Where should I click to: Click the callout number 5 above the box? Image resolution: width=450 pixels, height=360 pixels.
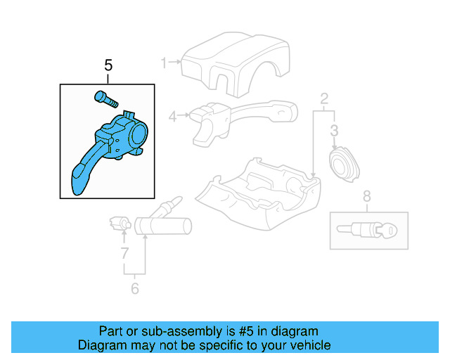(x=108, y=66)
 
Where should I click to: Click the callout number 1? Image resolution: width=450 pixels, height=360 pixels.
(x=164, y=63)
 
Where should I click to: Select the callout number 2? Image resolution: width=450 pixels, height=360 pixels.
(x=324, y=98)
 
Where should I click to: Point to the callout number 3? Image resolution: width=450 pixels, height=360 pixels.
(x=334, y=130)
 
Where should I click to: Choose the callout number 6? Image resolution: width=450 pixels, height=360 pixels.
(x=135, y=288)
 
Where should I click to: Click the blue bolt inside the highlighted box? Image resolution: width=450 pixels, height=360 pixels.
(x=103, y=98)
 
